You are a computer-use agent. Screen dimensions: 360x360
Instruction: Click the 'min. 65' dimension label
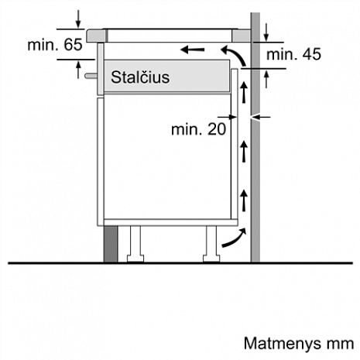(54, 44)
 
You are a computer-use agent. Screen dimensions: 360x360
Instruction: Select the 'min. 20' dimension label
(198, 129)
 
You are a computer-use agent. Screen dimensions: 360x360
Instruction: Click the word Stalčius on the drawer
(139, 77)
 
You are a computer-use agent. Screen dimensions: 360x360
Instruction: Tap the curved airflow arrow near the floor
(231, 242)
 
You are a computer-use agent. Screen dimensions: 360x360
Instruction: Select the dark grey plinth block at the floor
(109, 244)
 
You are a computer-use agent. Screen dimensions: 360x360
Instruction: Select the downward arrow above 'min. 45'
(266, 31)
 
